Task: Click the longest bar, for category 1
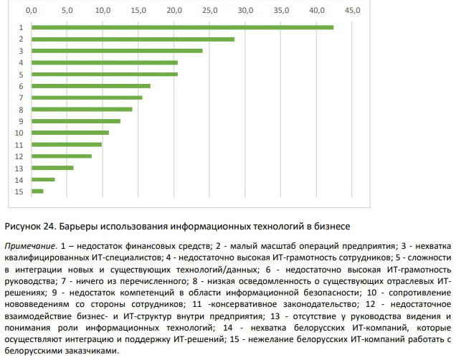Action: [x=183, y=27]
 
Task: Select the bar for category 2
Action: [x=133, y=39]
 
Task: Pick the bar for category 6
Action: [x=91, y=86]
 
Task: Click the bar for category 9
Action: [x=76, y=121]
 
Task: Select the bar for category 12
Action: [x=62, y=156]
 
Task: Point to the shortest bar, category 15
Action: [x=38, y=191]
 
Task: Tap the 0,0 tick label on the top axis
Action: [x=32, y=11]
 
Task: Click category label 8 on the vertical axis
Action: [x=22, y=110]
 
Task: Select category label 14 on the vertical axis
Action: [x=19, y=179]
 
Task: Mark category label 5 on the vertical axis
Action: [x=22, y=75]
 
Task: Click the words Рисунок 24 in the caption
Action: [x=29, y=227]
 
